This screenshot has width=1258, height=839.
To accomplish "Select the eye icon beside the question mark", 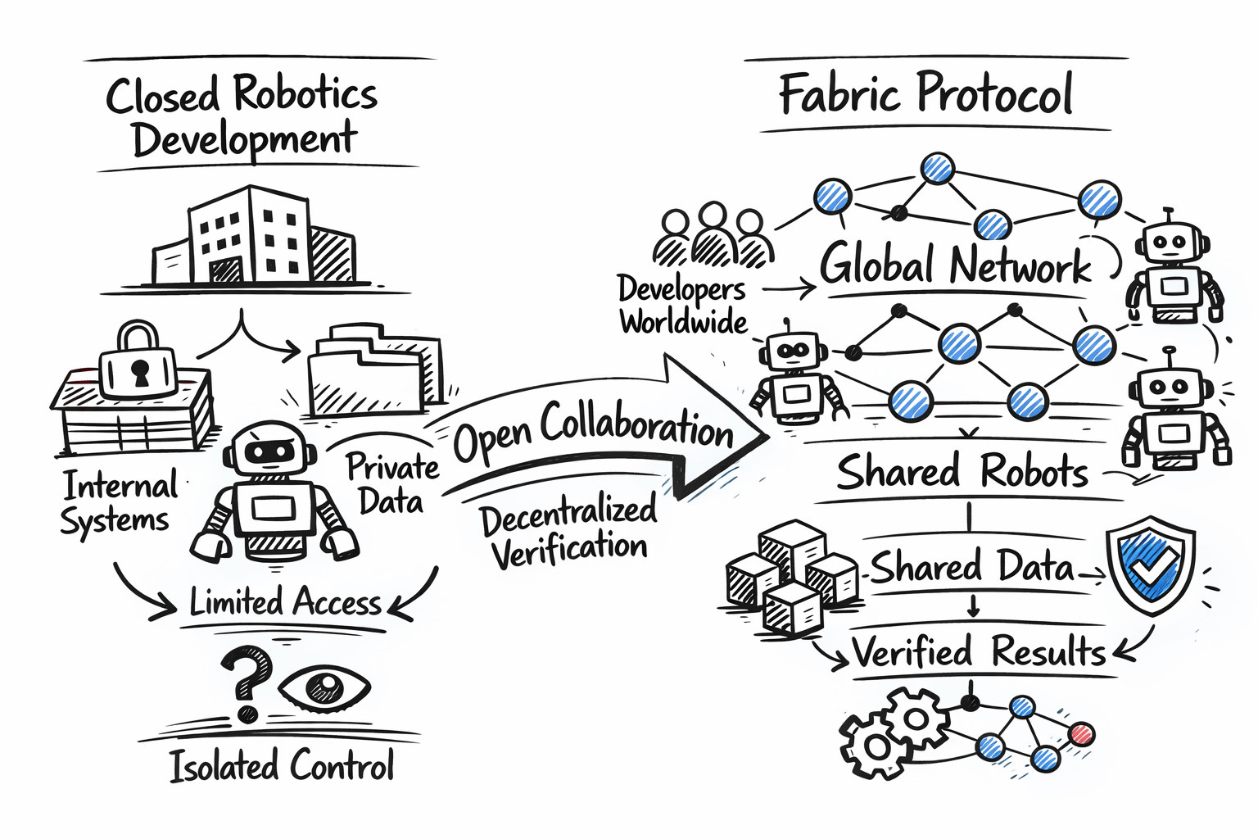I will pos(325,687).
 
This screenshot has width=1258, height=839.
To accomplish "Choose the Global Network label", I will pos(955,265).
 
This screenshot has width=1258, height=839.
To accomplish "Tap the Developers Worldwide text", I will pos(682,304).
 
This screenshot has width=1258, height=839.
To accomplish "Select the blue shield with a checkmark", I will pos(1151,565).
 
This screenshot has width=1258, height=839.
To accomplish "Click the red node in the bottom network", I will pos(1082,733).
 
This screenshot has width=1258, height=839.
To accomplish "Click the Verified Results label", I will pos(979,652).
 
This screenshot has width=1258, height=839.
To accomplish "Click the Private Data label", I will pos(391,483).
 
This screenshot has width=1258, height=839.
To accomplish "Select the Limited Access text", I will pos(285,602).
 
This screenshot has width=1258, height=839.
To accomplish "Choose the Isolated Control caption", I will pos(282,765).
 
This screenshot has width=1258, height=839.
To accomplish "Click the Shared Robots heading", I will pos(962,472).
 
